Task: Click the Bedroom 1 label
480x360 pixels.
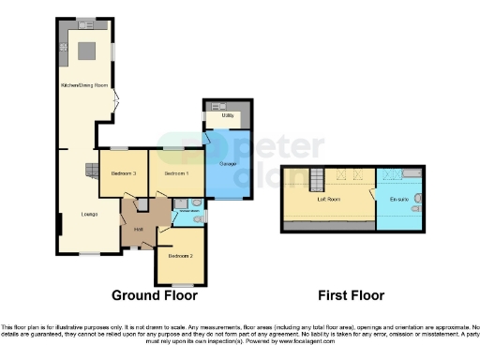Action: tap(176, 173)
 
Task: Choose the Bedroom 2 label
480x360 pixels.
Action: tap(180, 256)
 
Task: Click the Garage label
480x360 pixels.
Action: tap(226, 164)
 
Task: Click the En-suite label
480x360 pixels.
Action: tap(399, 199)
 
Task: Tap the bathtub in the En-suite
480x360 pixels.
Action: tap(413, 173)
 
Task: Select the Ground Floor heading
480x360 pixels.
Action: tap(155, 295)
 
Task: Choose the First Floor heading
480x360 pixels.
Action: tap(352, 295)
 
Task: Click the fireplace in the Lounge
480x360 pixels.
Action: tap(92, 170)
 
